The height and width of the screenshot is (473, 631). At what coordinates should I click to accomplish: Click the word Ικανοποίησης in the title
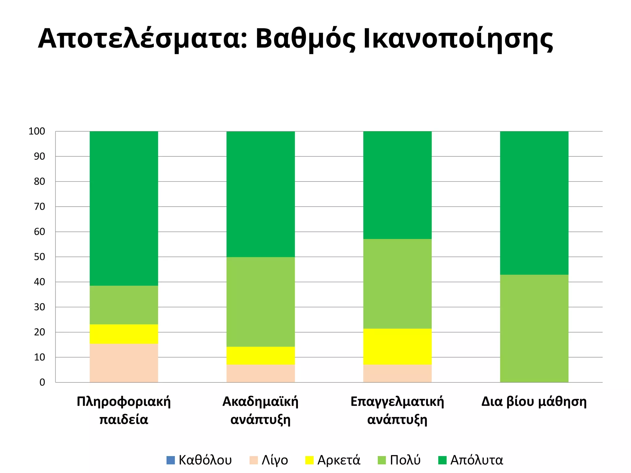458,39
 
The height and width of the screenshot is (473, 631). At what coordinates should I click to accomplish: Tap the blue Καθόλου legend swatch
170,460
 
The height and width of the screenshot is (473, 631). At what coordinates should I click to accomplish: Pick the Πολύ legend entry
399,460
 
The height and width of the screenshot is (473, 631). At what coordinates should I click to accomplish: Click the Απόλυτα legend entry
470,460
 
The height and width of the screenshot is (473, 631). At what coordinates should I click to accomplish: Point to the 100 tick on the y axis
37,131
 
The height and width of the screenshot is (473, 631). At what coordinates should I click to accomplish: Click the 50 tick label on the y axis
39,257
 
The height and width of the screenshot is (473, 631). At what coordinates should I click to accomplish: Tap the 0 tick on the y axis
42,382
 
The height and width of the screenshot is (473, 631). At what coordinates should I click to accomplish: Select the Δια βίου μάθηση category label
534,402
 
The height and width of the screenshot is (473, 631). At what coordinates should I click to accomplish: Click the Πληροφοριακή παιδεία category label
124,410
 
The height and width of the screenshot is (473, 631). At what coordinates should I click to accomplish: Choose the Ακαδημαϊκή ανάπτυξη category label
260,410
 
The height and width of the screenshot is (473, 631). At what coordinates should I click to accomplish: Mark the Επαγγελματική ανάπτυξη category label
397,410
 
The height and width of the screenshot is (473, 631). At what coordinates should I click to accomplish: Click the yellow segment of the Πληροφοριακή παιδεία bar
124,334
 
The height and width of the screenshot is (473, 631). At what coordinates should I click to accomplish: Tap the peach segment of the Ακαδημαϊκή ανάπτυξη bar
260,374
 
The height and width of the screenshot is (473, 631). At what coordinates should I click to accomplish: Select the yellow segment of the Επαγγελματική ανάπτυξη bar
397,346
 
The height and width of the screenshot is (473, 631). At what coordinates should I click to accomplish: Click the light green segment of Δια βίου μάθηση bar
534,328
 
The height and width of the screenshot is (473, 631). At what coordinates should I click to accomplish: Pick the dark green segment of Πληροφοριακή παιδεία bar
124,208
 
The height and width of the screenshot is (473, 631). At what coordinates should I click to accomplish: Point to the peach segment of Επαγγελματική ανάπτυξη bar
397,374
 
